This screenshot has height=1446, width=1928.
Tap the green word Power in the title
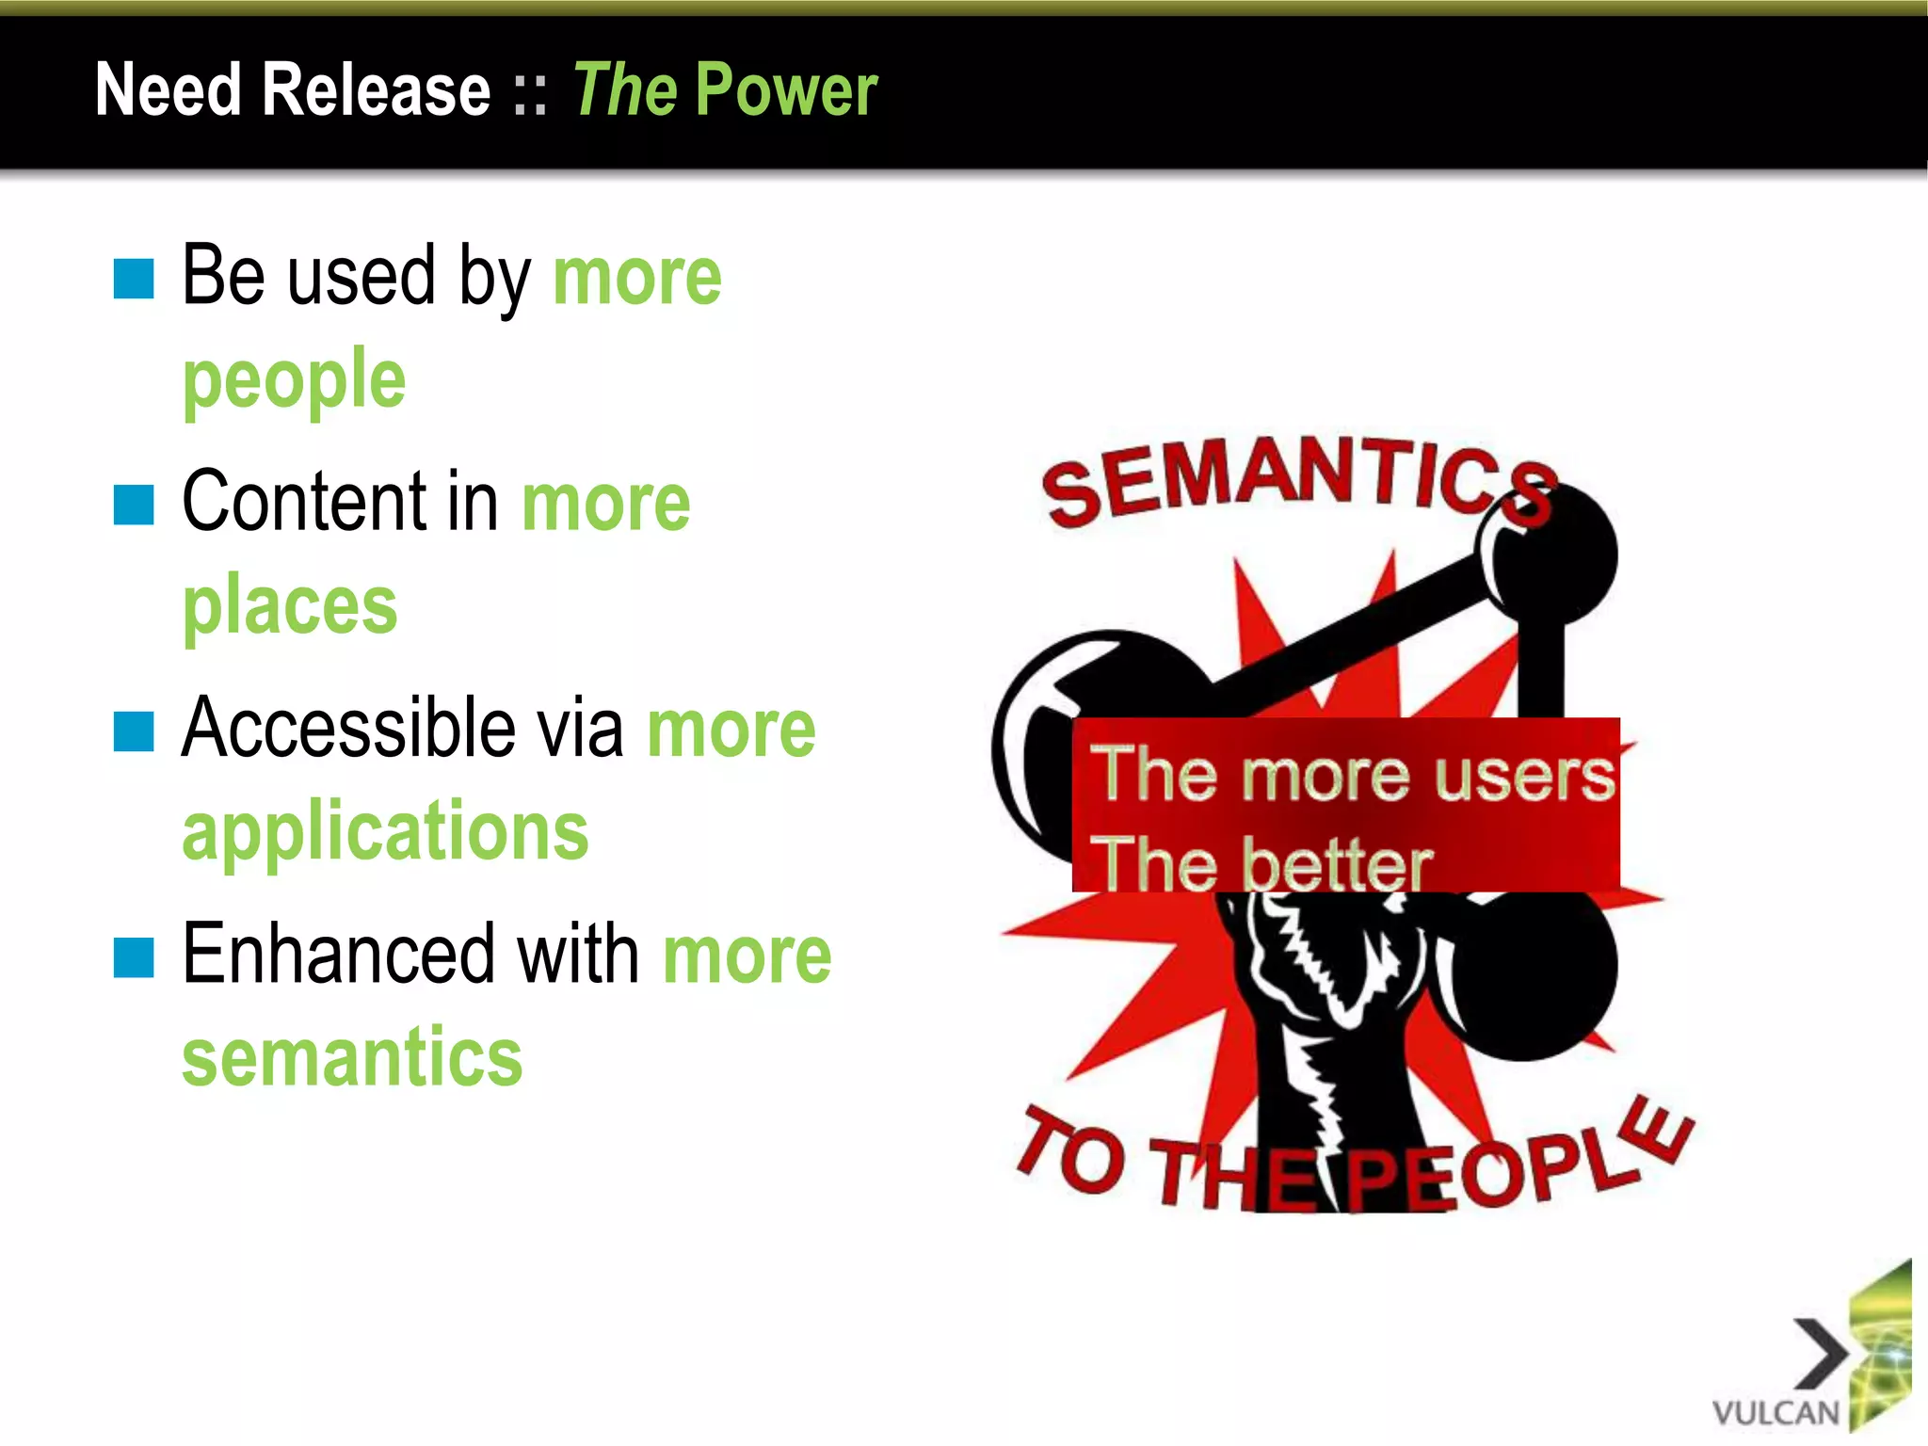click(787, 89)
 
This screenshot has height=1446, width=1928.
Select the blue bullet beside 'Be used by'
click(134, 279)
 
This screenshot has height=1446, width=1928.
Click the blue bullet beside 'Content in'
click(134, 505)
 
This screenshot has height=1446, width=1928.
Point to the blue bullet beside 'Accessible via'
click(134, 731)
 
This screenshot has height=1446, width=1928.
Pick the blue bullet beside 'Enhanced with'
click(134, 957)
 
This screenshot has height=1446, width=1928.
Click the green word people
click(294, 381)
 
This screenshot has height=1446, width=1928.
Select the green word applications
click(385, 831)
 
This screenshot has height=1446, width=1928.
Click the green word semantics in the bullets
click(352, 1057)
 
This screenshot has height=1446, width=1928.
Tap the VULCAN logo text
click(1775, 1412)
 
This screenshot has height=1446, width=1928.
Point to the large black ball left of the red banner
click(1045, 734)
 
